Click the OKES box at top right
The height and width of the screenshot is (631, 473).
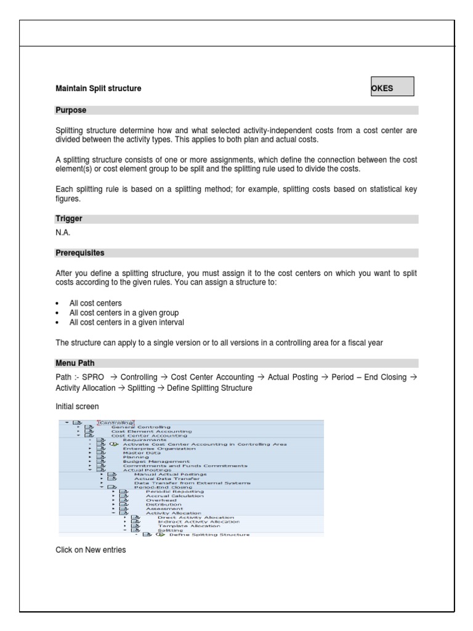pyautogui.click(x=392, y=87)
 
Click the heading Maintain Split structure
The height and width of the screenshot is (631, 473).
pyautogui.click(x=99, y=89)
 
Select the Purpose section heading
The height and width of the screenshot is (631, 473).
pyautogui.click(x=71, y=110)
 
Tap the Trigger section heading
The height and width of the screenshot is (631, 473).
pyautogui.click(x=69, y=219)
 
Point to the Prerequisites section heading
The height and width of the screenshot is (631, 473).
pyautogui.click(x=80, y=253)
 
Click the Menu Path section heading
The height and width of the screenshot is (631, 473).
pyautogui.click(x=75, y=363)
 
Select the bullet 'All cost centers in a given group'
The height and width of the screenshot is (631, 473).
pyautogui.click(x=124, y=313)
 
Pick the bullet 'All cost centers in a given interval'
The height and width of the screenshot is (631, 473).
pyautogui.click(x=126, y=322)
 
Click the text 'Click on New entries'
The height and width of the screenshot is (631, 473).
pyautogui.click(x=91, y=550)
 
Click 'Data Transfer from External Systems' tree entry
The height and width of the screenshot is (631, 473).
pyautogui.click(x=192, y=482)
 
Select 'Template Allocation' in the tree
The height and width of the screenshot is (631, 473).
pyautogui.click(x=188, y=526)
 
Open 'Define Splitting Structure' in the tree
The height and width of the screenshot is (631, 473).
pyautogui.click(x=209, y=534)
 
